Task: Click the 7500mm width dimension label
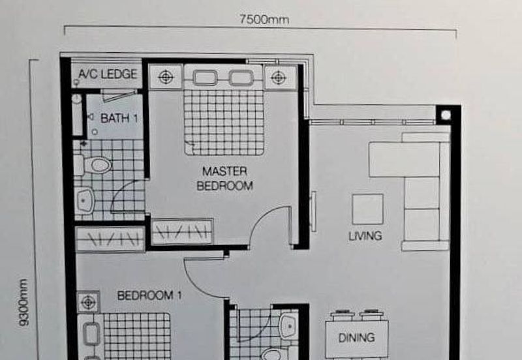point(264,20)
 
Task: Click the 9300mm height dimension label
point(23,302)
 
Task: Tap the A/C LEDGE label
point(108,74)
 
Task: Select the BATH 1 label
point(119,118)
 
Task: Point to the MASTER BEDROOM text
point(224,179)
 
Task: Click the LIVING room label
point(365,236)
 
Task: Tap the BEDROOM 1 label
point(149,295)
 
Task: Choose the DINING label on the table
point(356,338)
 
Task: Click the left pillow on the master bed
point(205,78)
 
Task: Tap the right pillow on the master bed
point(241,78)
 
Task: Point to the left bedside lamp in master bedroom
point(166,77)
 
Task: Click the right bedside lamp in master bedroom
point(279,78)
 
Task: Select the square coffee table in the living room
point(367,209)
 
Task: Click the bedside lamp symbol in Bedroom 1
point(88,303)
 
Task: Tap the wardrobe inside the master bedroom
point(182,232)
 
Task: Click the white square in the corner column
point(446,115)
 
